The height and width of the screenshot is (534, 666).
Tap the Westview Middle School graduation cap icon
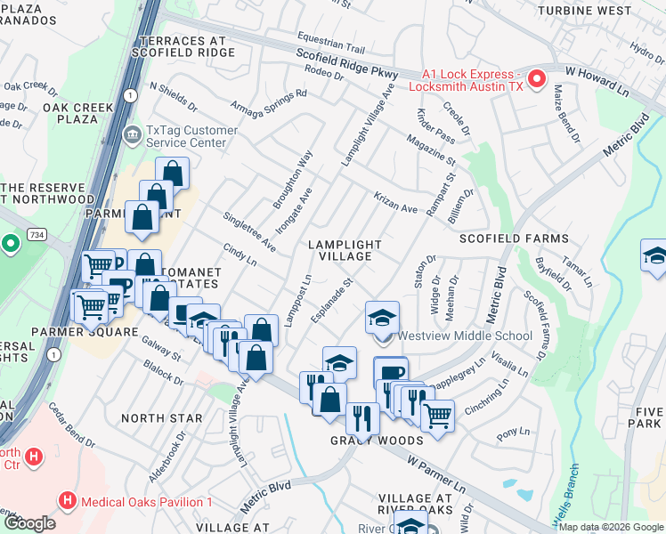(x=382, y=318)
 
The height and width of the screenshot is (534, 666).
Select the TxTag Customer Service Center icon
(x=132, y=136)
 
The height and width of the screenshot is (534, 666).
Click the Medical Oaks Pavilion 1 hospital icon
(x=69, y=501)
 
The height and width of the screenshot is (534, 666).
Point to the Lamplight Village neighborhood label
(x=345, y=250)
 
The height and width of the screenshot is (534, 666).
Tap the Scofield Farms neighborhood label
(x=514, y=239)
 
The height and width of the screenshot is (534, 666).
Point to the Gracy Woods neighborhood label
(x=377, y=441)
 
